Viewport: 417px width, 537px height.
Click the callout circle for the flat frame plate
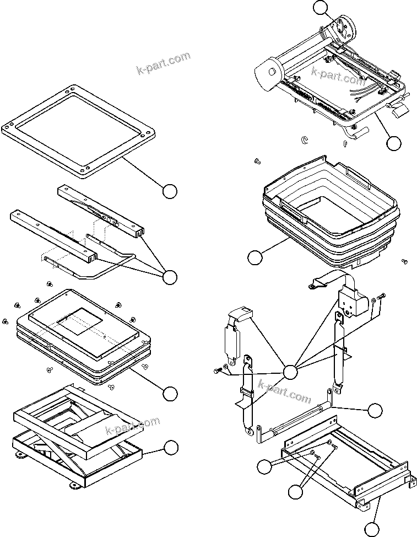[170, 191]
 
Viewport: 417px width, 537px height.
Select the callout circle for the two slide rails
[170, 277]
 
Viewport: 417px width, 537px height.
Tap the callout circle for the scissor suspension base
[171, 448]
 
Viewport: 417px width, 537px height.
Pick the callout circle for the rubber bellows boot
[254, 257]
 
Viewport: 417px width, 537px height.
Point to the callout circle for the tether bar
[375, 410]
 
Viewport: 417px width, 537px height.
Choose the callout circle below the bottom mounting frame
[373, 529]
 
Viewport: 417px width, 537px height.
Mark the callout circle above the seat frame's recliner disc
[321, 7]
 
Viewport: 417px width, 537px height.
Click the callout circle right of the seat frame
[393, 143]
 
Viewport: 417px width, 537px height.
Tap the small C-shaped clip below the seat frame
[305, 140]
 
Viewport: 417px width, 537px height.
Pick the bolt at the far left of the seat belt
[216, 372]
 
